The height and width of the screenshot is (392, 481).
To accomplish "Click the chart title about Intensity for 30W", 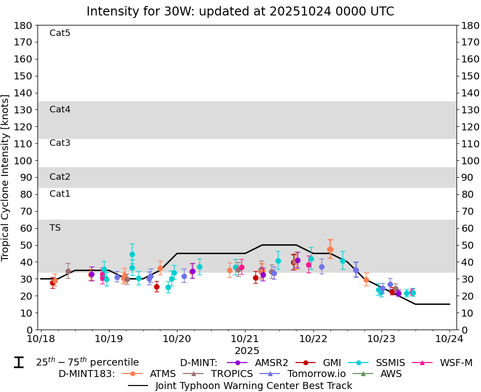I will coord(240,11).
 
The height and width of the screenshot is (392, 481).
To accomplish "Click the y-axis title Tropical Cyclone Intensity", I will coord(6,177).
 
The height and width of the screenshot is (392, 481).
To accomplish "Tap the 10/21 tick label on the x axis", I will coord(245,339).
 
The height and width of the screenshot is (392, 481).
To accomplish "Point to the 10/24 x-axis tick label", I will coord(449,339).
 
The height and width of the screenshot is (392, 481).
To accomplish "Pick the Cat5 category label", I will coord(60,33).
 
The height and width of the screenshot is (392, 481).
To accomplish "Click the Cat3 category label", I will coord(60,143).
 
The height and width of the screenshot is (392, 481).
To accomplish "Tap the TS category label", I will coord(55,228).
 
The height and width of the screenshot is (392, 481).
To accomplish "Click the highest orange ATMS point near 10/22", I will coord(330,250).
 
